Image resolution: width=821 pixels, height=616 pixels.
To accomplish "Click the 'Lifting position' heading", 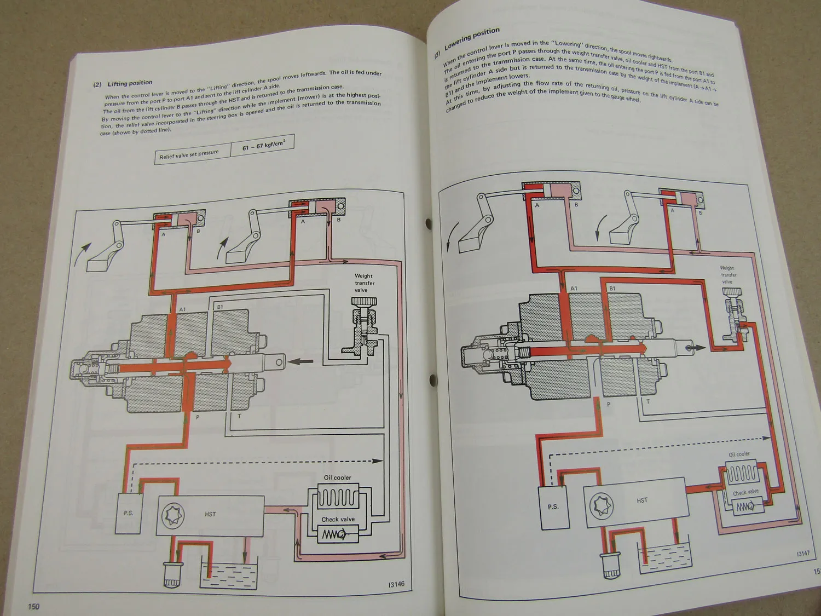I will [130, 83].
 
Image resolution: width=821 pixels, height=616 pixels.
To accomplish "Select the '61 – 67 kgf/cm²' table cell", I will [263, 145].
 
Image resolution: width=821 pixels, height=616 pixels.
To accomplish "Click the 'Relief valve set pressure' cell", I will [189, 154].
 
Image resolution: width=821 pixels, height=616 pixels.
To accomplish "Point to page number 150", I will [34, 606].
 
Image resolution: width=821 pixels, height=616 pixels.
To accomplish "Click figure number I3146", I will [396, 584].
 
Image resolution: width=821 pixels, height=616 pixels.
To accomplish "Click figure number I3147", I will [803, 554].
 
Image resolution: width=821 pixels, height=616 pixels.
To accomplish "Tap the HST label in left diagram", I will [210, 514].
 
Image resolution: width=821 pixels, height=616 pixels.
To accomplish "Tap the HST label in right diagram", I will [642, 500].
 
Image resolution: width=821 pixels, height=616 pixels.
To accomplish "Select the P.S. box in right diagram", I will [553, 506].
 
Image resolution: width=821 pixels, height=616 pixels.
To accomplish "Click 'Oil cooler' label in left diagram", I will [337, 477].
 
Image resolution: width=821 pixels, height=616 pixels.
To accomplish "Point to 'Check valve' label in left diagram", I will [338, 519].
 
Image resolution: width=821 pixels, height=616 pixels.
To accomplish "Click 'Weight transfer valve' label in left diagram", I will [364, 283].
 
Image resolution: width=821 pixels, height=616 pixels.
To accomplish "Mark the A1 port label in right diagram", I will [574, 289].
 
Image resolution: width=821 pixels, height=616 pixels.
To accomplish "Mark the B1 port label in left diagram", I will [220, 307].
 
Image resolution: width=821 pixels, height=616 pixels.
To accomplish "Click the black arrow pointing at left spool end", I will [301, 361].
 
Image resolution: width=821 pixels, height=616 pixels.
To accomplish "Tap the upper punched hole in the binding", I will [429, 224].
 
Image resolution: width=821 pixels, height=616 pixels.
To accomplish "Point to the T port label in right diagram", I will [648, 401].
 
